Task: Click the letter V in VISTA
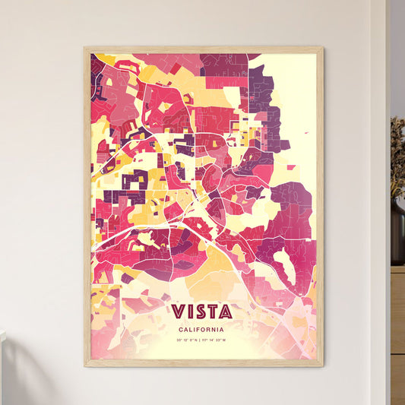179,312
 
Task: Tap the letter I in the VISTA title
190,312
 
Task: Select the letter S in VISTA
200,312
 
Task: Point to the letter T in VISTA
213,312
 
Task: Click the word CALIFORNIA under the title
202,329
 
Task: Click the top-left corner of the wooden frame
85,48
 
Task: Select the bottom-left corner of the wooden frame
85,365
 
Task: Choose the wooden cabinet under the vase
397,334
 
